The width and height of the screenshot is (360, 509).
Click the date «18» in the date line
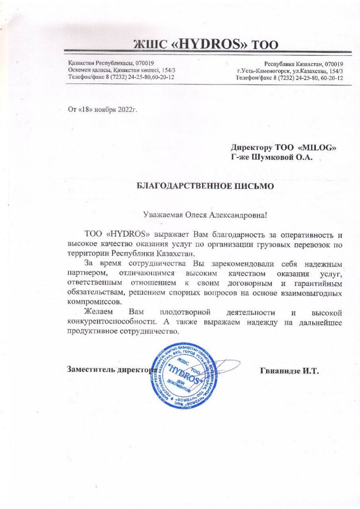(84, 110)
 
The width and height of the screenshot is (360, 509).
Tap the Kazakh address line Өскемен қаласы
(87, 70)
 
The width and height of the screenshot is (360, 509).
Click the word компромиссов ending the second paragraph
(91, 302)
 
